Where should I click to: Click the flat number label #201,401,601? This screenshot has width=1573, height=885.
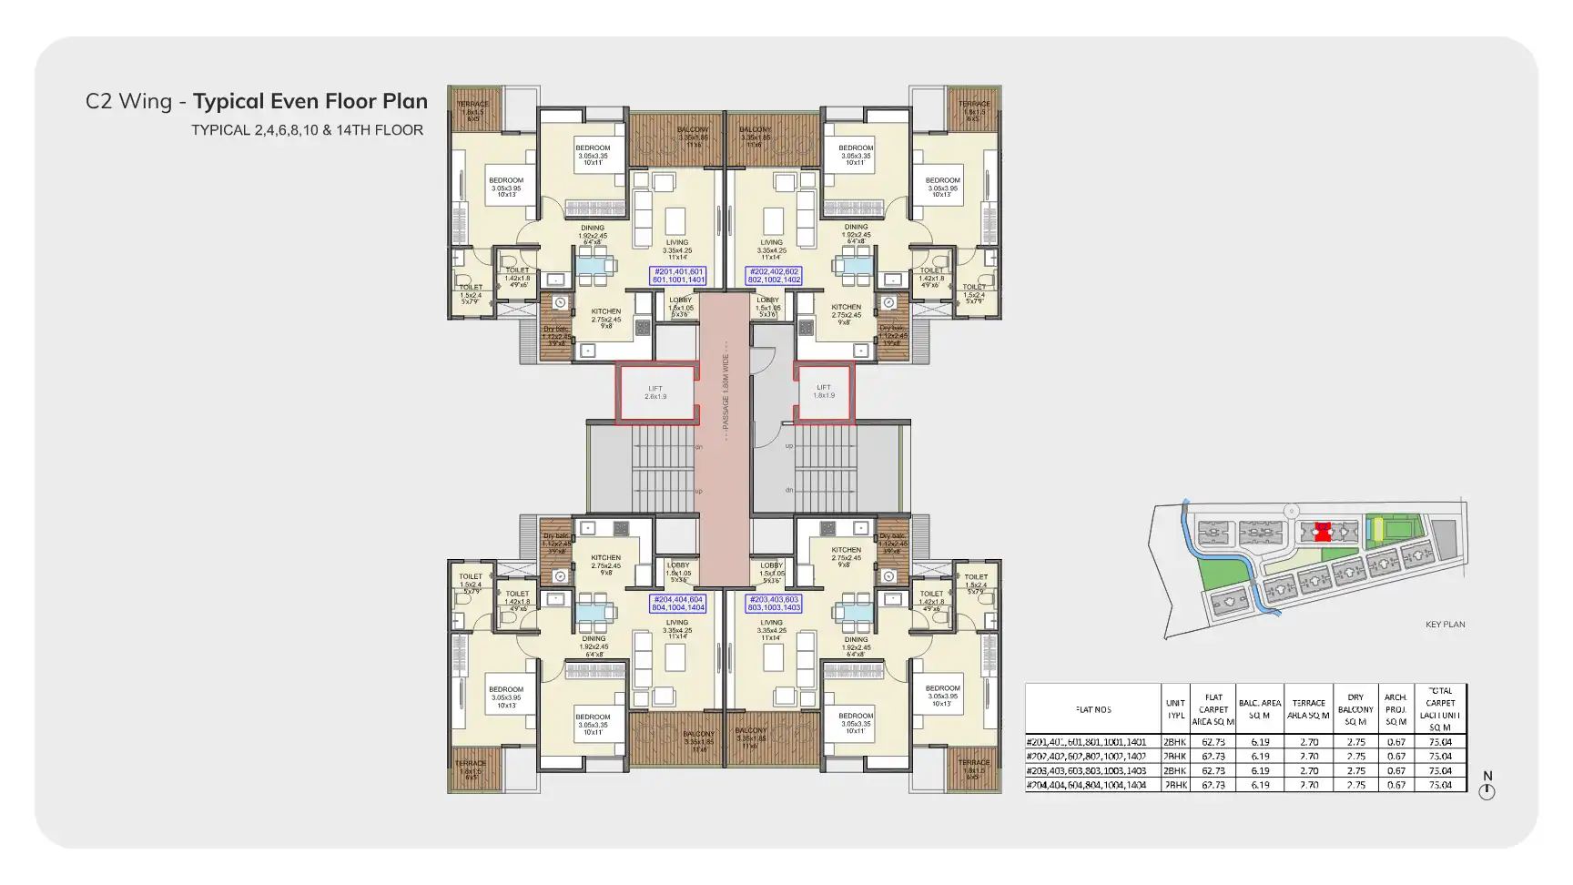tap(677, 275)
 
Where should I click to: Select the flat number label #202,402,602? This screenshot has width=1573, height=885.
tap(774, 275)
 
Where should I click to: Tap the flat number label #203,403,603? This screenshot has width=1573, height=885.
tap(774, 603)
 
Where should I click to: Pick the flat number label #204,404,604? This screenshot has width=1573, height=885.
tap(678, 603)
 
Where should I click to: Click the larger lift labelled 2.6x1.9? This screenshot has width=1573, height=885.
tap(656, 392)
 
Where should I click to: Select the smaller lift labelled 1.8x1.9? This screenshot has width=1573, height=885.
tap(824, 392)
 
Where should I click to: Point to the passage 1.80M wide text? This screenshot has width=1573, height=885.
tap(726, 392)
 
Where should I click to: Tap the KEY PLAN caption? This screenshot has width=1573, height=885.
tap(1445, 625)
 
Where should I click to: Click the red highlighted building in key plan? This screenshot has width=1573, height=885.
tap(1323, 532)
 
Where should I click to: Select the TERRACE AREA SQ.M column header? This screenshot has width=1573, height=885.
tap(1308, 709)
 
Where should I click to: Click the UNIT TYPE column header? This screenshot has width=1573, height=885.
tap(1175, 709)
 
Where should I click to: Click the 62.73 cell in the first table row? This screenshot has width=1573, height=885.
tap(1213, 742)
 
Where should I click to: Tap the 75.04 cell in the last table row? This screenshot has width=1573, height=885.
tap(1440, 785)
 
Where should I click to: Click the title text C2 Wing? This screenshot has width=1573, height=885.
tap(128, 101)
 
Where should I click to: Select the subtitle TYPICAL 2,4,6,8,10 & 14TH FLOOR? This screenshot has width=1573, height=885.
tap(307, 130)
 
